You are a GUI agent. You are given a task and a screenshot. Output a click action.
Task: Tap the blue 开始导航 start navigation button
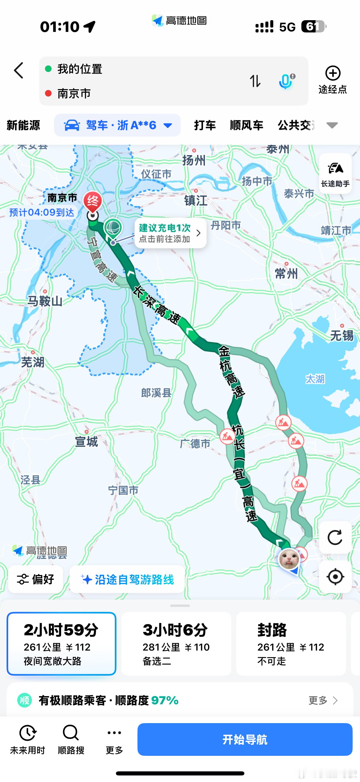(245, 739)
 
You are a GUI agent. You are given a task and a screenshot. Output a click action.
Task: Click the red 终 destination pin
(92, 201)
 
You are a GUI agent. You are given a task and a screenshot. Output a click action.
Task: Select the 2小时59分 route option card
(61, 643)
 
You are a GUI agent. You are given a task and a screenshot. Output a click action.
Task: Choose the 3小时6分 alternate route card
(176, 643)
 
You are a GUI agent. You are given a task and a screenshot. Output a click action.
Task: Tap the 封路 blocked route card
(291, 643)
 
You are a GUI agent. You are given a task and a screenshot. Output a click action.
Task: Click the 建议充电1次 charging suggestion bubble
(170, 233)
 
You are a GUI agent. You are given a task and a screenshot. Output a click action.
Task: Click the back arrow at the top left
(19, 70)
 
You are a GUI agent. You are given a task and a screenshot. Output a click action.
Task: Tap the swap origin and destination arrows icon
(255, 81)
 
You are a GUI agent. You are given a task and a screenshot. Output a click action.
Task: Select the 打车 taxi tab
(205, 125)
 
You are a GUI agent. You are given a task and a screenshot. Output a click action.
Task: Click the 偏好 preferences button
(36, 579)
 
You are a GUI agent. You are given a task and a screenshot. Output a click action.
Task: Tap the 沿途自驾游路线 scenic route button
(127, 579)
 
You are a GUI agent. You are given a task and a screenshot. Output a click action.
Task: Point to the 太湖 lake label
(315, 379)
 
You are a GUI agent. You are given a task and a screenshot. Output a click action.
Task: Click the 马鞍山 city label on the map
(45, 301)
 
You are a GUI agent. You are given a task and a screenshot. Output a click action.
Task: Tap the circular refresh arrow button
(335, 537)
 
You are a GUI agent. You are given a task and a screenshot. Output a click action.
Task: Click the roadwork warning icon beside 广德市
(227, 437)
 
